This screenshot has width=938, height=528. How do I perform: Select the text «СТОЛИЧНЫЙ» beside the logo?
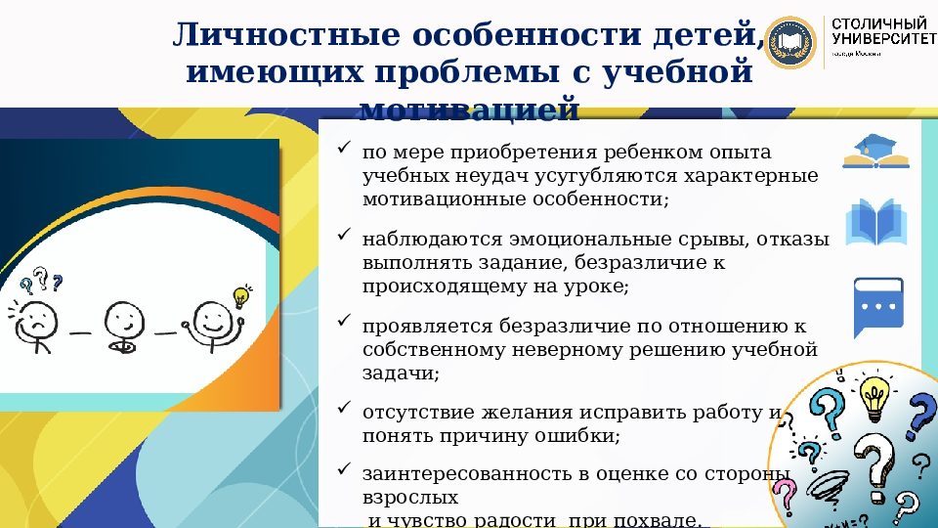coord(877,22)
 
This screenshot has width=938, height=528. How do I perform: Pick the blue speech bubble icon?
coord(875,305)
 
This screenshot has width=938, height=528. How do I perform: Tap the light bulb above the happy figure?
coord(240,296)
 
